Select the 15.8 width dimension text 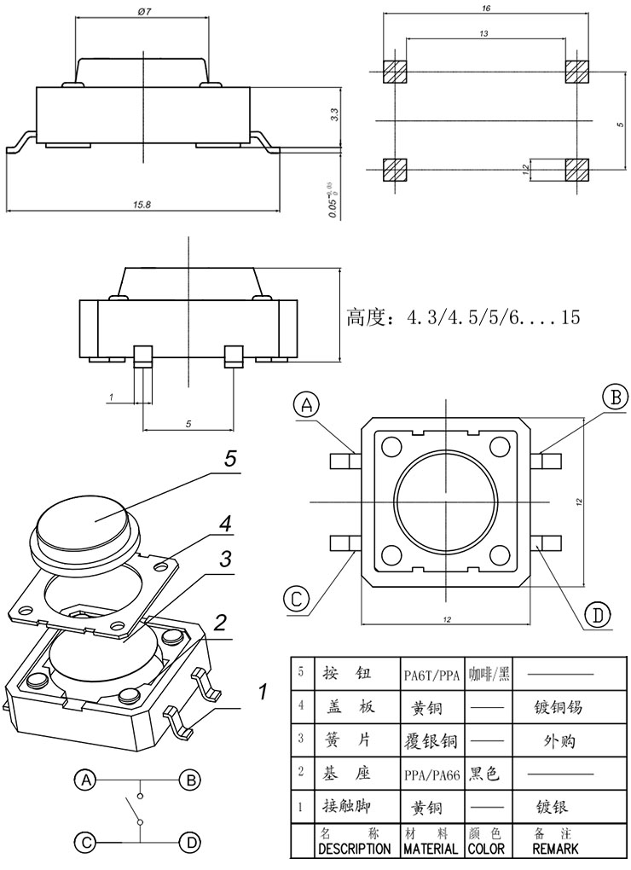tap(142, 205)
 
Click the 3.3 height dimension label tap(334, 113)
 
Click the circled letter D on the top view tap(598, 615)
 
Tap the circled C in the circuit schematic tap(85, 842)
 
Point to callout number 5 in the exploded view tap(229, 459)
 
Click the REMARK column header tap(555, 849)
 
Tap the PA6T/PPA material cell tap(432, 676)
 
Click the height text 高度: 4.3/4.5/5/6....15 tap(463, 318)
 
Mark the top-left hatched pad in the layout tap(395, 72)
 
